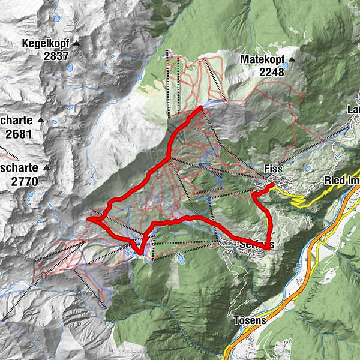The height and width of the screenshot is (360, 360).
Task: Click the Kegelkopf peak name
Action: point(45,44)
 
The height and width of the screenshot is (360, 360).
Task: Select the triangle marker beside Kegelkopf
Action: point(76,44)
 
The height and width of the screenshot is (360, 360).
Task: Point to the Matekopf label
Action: point(262,60)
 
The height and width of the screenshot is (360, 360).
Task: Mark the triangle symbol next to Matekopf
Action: point(292,60)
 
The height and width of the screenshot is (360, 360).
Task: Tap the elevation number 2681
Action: point(18,134)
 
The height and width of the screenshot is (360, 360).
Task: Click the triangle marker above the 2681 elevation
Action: point(40,121)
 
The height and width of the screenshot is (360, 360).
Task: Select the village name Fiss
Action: point(273,169)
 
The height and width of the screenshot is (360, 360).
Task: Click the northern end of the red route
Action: point(200,107)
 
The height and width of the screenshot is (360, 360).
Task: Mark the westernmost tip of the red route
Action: point(89,220)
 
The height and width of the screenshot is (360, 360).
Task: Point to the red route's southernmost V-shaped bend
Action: point(139,253)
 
